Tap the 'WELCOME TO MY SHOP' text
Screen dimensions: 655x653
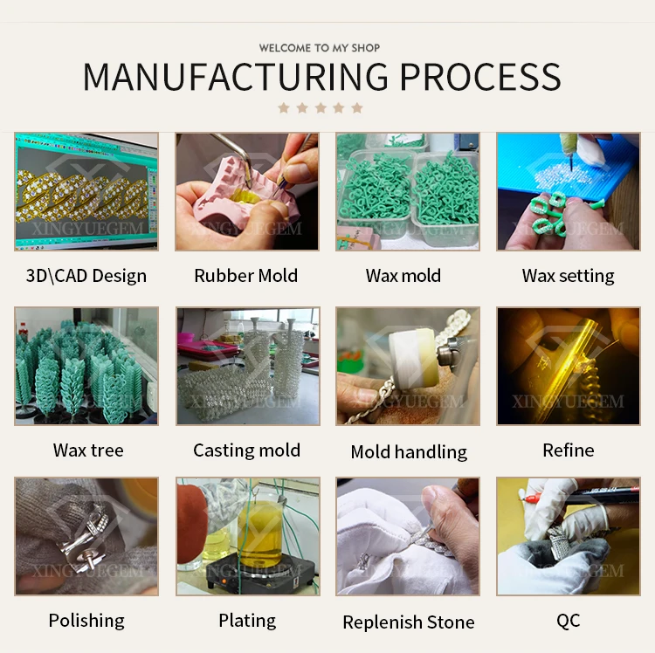click(320, 48)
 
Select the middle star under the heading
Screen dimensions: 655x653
click(320, 108)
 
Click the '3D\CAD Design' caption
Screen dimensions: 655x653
click(86, 276)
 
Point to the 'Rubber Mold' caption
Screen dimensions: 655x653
click(246, 276)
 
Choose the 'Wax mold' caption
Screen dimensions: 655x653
click(403, 276)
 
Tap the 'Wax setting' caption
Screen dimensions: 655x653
click(568, 276)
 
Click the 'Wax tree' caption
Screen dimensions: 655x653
click(88, 450)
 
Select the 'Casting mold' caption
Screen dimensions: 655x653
click(246, 450)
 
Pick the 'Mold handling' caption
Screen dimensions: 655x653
click(409, 451)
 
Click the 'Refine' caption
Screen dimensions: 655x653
click(568, 450)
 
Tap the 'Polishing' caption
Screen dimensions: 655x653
click(86, 621)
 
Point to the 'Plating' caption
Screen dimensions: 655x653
click(247, 621)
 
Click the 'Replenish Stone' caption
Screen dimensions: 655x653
click(409, 622)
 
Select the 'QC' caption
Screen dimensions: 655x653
click(568, 621)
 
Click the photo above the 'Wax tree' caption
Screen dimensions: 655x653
click(86, 366)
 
